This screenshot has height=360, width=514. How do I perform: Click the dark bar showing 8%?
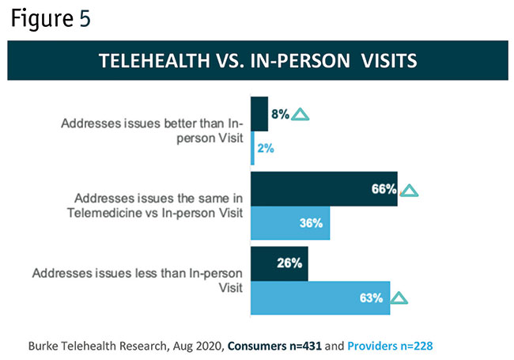click(x=259, y=114)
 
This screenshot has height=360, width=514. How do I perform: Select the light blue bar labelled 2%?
click(x=252, y=148)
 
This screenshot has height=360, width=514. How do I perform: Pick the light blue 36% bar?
click(x=289, y=223)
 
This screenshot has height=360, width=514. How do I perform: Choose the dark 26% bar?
click(x=278, y=263)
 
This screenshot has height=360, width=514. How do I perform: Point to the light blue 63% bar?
click(x=319, y=297)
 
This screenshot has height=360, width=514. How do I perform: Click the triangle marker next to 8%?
click(x=300, y=115)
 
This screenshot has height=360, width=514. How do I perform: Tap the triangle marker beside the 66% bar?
click(x=408, y=190)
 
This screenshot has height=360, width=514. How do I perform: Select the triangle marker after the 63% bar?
click(x=399, y=298)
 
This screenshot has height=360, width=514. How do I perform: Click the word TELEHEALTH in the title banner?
click(x=155, y=61)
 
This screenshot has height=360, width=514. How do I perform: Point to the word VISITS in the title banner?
click(x=384, y=61)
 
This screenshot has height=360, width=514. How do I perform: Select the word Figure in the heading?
click(x=41, y=19)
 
